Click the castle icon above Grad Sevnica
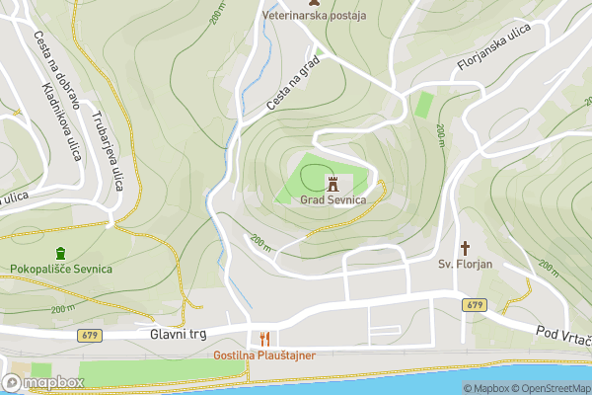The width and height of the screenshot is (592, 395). click(333, 183)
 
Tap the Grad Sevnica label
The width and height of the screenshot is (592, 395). click(333, 200)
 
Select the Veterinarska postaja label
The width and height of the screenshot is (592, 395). click(314, 16)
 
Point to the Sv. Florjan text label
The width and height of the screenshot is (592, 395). click(465, 265)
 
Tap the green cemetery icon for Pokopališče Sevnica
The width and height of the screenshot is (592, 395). click(61, 253)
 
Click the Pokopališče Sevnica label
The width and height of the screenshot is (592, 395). click(61, 270)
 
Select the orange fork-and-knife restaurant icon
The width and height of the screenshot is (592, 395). click(262, 338)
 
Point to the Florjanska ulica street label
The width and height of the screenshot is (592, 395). click(494, 49)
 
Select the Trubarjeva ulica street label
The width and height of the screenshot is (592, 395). click(107, 149)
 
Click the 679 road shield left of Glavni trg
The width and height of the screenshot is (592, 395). click(90, 336)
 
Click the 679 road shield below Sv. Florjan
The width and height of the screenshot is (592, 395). click(473, 305)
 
